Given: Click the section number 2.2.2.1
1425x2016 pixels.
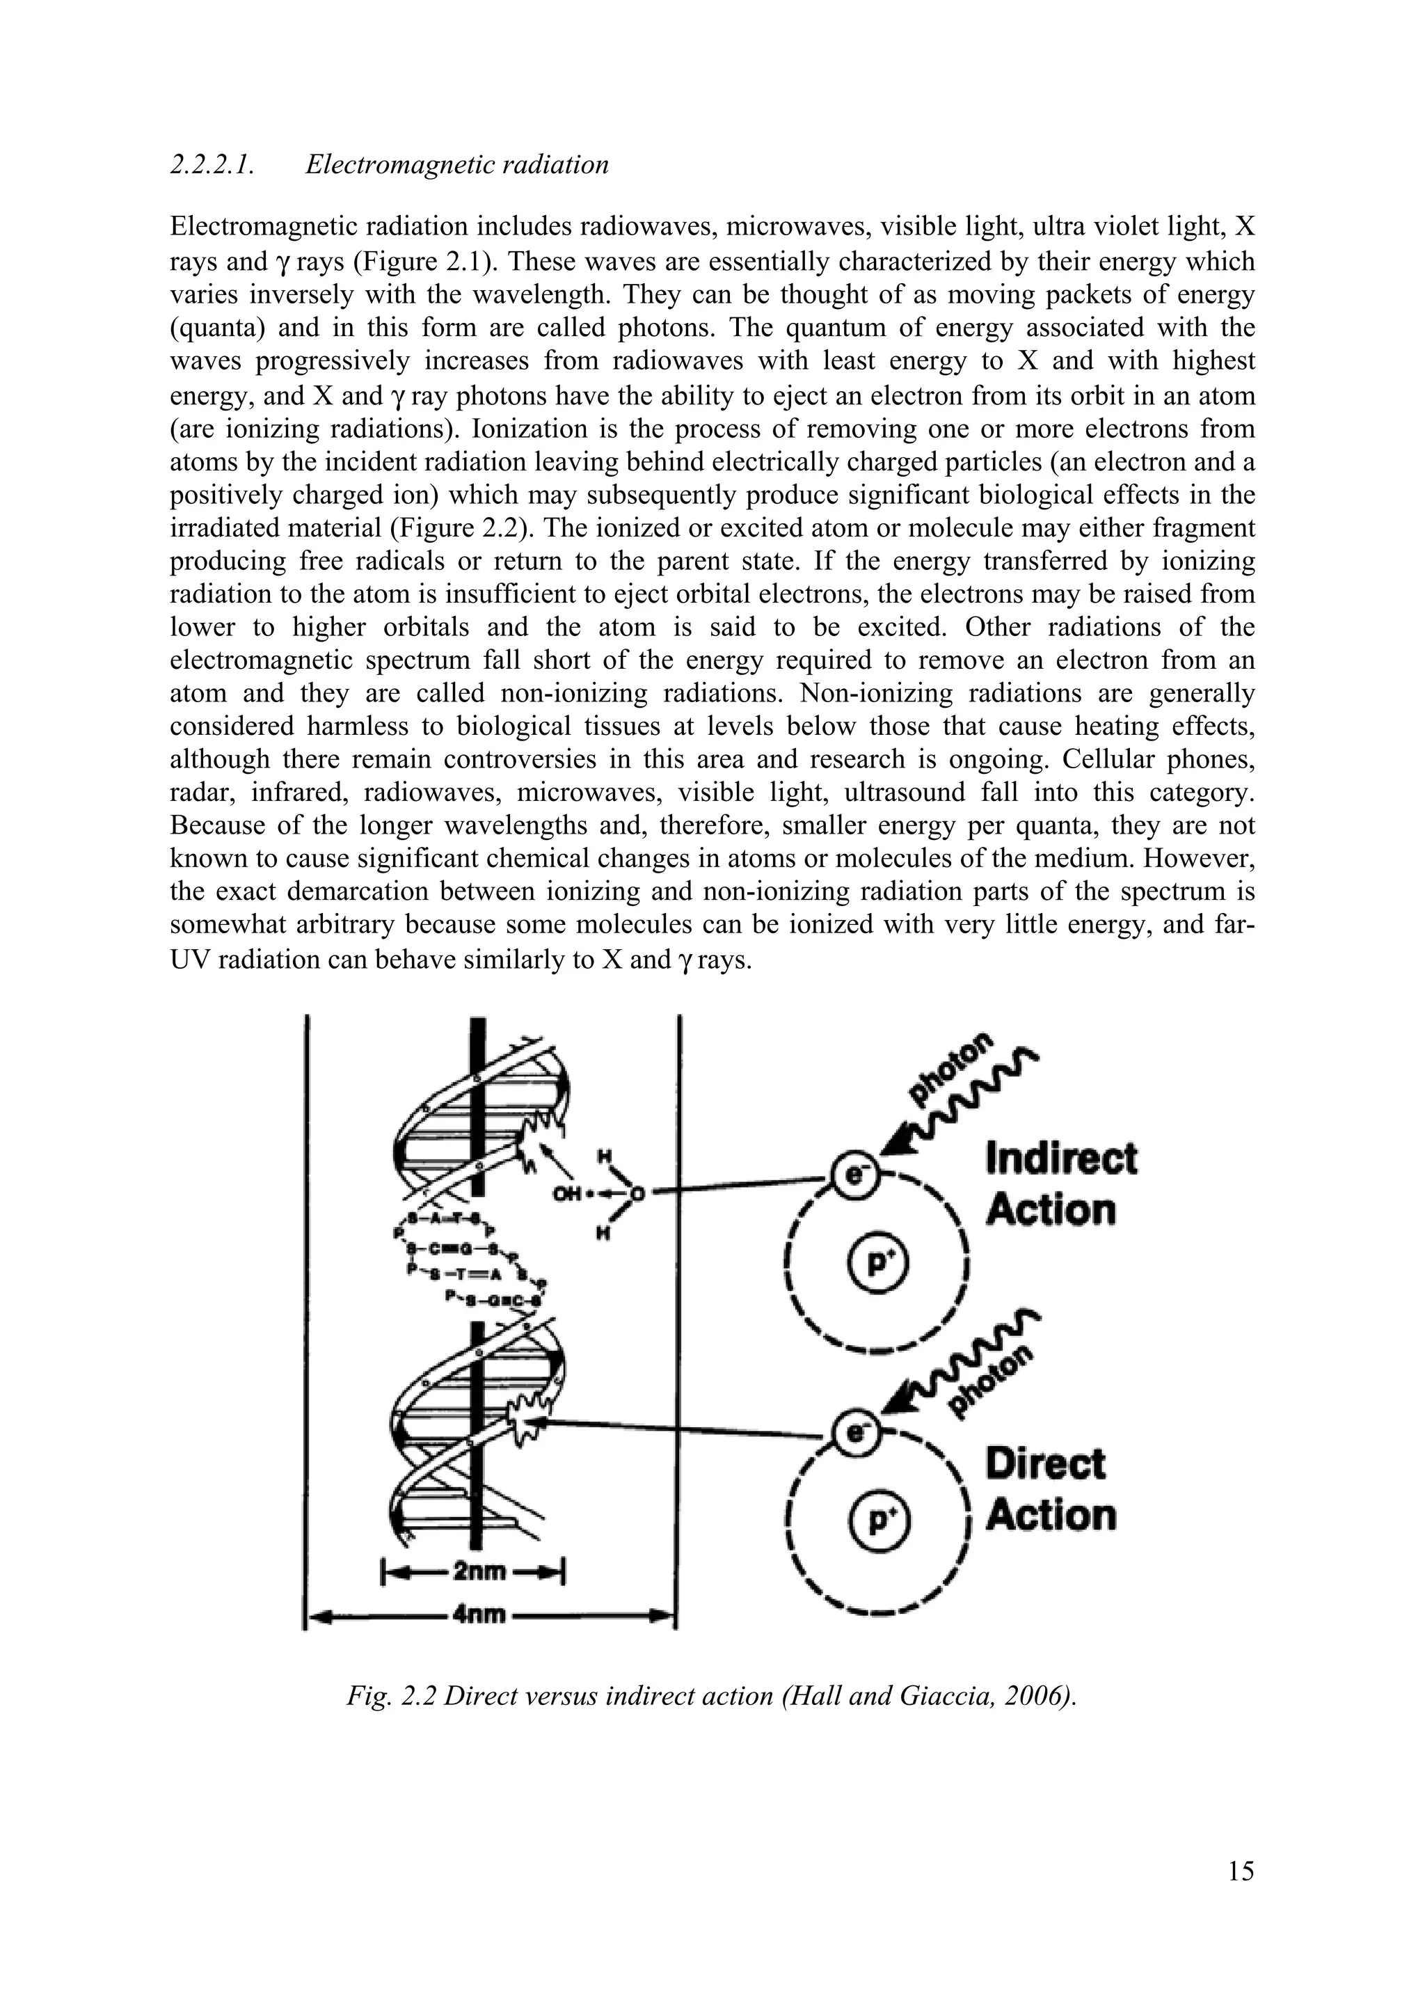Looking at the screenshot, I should [212, 164].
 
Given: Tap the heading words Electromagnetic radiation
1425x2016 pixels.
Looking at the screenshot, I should [456, 164].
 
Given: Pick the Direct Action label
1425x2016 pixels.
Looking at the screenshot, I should [1049, 1489].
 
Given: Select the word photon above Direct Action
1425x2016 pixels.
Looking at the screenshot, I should [989, 1388].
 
